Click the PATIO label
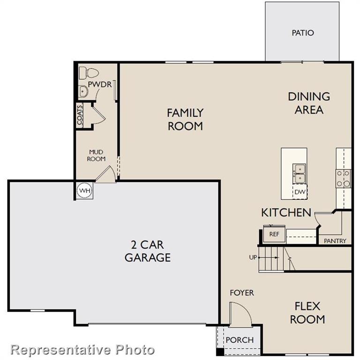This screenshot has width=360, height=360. [x=302, y=33]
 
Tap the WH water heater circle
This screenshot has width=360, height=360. [x=84, y=190]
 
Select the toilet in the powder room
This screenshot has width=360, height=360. [x=88, y=73]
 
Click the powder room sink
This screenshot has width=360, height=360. [x=82, y=91]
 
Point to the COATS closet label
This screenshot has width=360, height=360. [x=80, y=115]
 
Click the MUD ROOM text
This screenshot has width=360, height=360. [x=96, y=155]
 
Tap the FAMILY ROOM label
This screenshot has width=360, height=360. [x=185, y=119]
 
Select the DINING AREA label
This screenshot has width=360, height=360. [x=308, y=103]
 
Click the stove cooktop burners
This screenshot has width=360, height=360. [x=343, y=178]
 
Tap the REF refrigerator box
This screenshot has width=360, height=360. [x=274, y=234]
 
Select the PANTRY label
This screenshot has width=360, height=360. [x=335, y=241]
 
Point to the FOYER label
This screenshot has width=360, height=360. [x=241, y=293]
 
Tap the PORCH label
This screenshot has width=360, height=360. [x=240, y=340]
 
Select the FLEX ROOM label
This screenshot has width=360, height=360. [x=307, y=313]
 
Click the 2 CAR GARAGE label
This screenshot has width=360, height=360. [x=147, y=251]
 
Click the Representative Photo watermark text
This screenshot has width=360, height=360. [x=82, y=349]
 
